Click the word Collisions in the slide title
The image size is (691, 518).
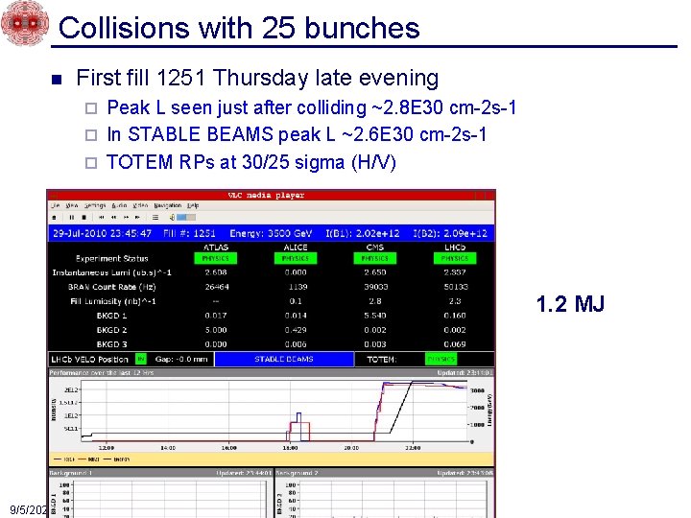pos(125,28)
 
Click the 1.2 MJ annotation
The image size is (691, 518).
pos(570,305)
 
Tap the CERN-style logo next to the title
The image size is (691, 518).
pos(23,23)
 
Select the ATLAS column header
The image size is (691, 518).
pos(216,247)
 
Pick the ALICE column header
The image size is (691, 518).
pos(296,247)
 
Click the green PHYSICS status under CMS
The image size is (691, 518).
pos(374,258)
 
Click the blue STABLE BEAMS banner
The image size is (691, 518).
pos(283,360)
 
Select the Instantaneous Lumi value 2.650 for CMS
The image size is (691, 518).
pos(374,271)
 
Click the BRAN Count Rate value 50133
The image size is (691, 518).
pos(454,286)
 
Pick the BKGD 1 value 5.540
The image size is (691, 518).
pos(374,315)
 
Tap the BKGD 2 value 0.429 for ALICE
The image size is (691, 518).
pos(296,329)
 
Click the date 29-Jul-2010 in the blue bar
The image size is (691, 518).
pos(86,233)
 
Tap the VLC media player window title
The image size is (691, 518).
pos(265,195)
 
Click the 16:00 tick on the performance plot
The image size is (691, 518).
pos(228,448)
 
